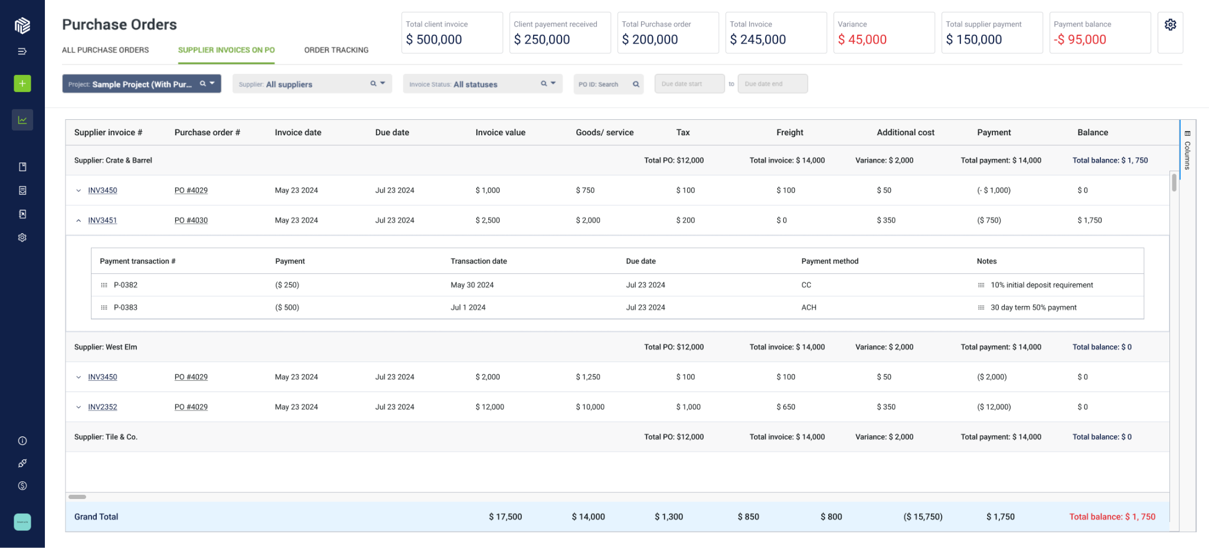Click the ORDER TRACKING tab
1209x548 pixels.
point(336,50)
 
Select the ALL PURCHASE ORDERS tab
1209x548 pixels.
point(105,50)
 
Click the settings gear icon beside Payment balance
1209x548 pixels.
point(1170,25)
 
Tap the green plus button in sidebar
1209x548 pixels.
point(22,83)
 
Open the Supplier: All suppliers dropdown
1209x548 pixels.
point(312,84)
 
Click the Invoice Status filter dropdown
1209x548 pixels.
point(482,84)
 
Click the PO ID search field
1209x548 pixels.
point(608,84)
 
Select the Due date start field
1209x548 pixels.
point(689,84)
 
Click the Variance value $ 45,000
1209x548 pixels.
point(862,40)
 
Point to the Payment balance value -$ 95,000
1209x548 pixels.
point(1080,40)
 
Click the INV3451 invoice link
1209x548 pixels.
point(103,220)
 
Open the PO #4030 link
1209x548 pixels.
point(191,220)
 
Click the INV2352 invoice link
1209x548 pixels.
point(103,407)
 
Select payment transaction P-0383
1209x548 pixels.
point(126,308)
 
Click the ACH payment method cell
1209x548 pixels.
point(809,308)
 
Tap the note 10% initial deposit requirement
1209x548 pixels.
point(1041,285)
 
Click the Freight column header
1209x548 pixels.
point(789,132)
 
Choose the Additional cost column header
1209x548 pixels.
point(905,132)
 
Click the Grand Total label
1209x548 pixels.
point(96,517)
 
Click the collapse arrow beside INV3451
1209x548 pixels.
point(79,220)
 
